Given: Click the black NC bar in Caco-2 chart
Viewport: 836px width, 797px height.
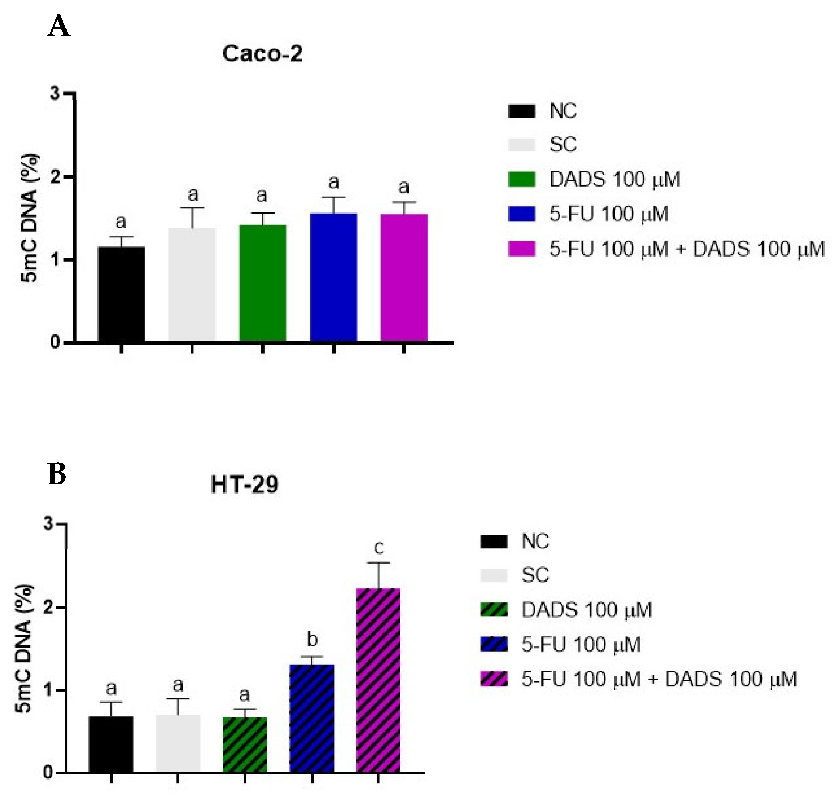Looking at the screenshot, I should coord(121,294).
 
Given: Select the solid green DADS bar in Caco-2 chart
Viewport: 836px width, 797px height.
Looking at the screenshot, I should coord(262,283).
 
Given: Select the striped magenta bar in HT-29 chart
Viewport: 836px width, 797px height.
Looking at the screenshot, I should coord(378,680).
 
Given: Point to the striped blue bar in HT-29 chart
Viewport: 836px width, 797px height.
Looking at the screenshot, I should coord(312,718).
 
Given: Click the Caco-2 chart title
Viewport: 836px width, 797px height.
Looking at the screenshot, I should coord(262,54).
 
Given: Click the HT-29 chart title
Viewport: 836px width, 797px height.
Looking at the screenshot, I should coord(244,484).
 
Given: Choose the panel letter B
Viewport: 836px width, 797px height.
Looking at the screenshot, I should coord(57,474).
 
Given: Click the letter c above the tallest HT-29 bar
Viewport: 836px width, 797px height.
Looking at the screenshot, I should coord(378,548).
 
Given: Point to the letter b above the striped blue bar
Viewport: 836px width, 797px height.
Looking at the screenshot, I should coord(312,639).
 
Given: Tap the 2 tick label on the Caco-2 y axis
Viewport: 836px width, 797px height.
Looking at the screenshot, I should coord(55,177).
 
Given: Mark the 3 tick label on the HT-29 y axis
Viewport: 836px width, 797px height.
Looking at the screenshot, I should coord(49,524).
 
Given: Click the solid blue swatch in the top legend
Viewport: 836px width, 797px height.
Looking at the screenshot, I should coord(522,214).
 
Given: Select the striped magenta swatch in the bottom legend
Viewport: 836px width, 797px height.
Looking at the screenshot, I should coord(493,679).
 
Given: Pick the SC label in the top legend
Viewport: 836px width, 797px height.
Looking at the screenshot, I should coord(563,145).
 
